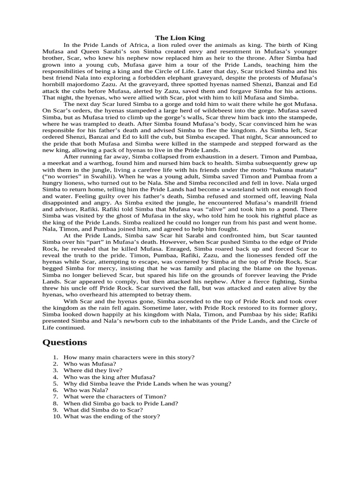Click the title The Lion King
point(180,37)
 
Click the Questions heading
point(65,342)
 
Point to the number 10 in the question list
point(57,416)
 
